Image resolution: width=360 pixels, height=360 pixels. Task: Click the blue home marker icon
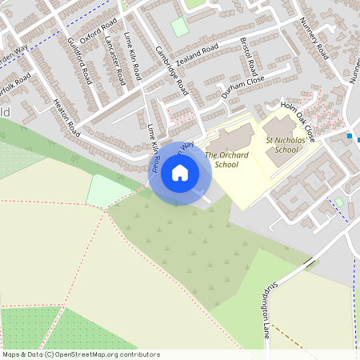(180, 173)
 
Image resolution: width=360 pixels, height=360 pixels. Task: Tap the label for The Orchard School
(222, 160)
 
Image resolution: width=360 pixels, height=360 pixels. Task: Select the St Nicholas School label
(282, 144)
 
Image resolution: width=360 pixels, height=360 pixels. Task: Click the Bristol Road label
(247, 53)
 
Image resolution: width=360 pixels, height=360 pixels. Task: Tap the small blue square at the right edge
(350, 136)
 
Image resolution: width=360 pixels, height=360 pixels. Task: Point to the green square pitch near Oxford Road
(180, 26)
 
